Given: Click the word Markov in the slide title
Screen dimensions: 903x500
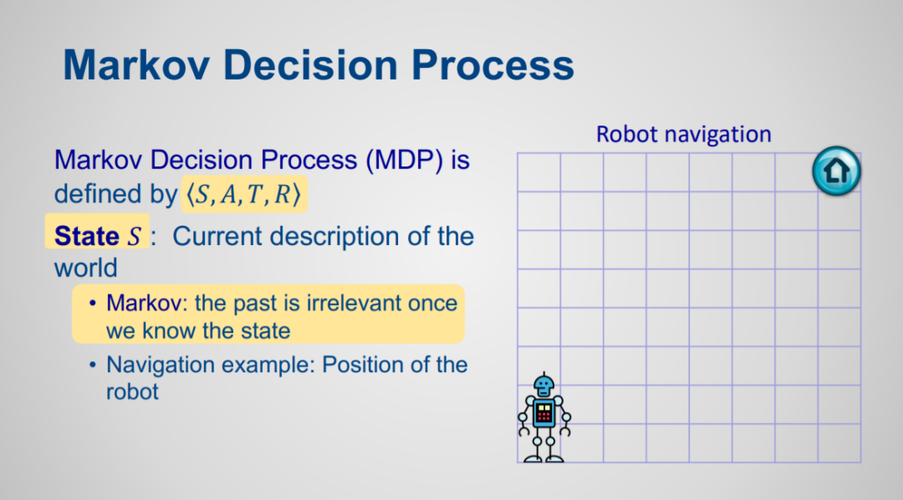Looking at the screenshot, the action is click(136, 64).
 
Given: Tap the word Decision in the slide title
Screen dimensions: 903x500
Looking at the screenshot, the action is click(310, 64).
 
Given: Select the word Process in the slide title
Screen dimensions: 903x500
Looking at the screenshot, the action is click(492, 64).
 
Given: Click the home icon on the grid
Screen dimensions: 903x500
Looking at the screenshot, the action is click(836, 171).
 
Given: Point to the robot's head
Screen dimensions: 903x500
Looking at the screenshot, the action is click(543, 385).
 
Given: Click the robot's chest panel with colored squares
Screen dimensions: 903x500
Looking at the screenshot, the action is click(543, 412).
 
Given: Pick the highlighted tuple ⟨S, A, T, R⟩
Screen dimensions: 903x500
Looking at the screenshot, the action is click(243, 194).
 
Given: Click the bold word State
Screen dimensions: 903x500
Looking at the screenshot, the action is click(86, 236).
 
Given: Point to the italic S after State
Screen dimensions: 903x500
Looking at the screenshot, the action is click(134, 237).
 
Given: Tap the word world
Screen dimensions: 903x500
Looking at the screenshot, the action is click(86, 268).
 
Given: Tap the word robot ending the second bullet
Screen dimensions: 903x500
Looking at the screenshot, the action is click(132, 391).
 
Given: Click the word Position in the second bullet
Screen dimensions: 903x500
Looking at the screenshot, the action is click(361, 365).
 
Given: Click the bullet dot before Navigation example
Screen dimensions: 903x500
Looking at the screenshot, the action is click(93, 365).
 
